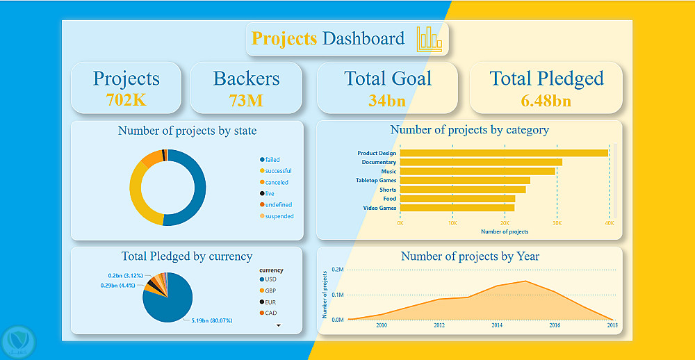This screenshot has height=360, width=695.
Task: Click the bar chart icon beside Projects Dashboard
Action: click(429, 40)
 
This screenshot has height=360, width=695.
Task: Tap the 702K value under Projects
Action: click(126, 99)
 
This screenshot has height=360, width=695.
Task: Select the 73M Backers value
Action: click(246, 100)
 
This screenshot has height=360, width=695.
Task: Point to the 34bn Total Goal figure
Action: click(387, 100)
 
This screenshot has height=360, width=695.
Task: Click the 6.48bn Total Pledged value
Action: click(546, 100)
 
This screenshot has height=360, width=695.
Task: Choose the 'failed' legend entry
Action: click(272, 160)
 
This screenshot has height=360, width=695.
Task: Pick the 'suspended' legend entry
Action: click(279, 216)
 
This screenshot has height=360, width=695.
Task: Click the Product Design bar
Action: click(504, 153)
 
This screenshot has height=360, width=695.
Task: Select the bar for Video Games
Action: click(457, 207)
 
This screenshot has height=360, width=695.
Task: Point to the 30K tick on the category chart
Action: click(557, 223)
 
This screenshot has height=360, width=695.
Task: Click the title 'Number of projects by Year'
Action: click(470, 256)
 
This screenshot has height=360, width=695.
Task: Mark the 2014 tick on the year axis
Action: click(497, 325)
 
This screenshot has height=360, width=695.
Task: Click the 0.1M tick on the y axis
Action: click(336, 295)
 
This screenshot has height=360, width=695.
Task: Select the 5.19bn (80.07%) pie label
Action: click(211, 320)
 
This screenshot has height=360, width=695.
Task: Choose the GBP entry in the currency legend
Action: click(270, 291)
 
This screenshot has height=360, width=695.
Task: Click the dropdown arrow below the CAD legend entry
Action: click(278, 325)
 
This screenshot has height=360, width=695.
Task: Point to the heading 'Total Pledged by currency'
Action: click(187, 256)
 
